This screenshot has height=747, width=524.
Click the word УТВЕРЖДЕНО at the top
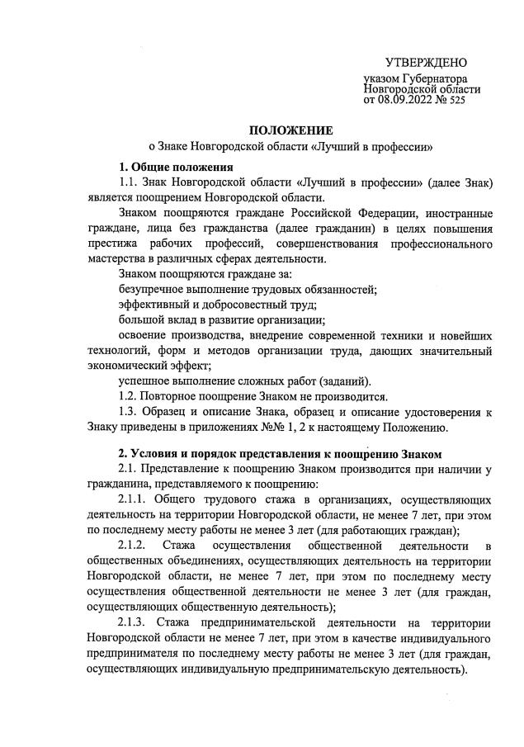[x=427, y=64]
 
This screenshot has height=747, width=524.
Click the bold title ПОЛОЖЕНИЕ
[x=286, y=130]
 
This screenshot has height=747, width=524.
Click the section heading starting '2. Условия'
[x=281, y=453]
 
